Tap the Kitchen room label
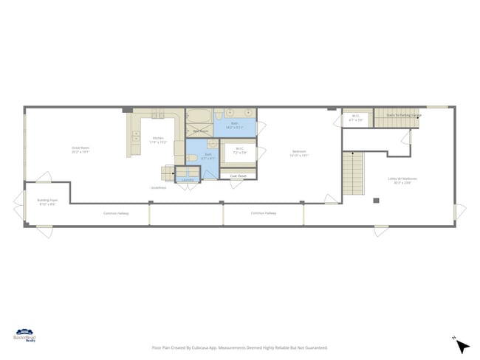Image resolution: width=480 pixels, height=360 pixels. pyautogui.click(x=158, y=139)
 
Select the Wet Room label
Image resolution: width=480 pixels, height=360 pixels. pyautogui.click(x=200, y=131)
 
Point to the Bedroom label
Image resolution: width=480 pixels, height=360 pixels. pyautogui.click(x=299, y=153)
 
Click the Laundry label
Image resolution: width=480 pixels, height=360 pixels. pyautogui.click(x=188, y=179)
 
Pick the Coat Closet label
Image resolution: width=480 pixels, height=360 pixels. pyautogui.click(x=238, y=176)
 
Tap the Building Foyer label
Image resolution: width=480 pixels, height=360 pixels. pyautogui.click(x=47, y=201)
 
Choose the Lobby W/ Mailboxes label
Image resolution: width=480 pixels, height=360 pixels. pyautogui.click(x=403, y=179)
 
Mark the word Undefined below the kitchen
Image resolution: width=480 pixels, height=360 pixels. pyautogui.click(x=158, y=188)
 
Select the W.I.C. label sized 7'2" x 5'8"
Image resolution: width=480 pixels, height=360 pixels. pyautogui.click(x=240, y=150)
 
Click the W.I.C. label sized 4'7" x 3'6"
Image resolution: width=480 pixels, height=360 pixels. pyautogui.click(x=356, y=117)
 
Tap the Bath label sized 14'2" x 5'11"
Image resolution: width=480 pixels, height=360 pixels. pyautogui.click(x=235, y=125)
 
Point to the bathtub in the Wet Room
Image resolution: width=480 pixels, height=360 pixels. pyautogui.click(x=199, y=117)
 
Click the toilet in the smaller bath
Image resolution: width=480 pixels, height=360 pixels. pyautogui.click(x=192, y=157)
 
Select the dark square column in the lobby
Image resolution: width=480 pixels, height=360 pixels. pyautogui.click(x=376, y=200)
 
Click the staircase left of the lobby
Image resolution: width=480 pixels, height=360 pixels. pyautogui.click(x=353, y=173)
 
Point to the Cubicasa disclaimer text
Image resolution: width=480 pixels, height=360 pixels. pyautogui.click(x=239, y=347)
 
